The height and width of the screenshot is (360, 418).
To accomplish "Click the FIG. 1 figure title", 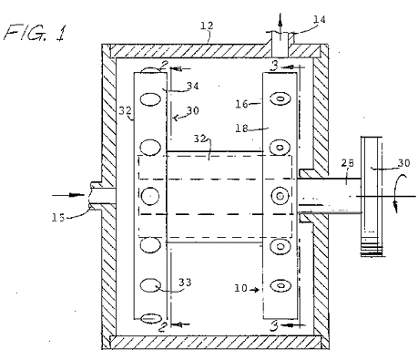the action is coord(35,32).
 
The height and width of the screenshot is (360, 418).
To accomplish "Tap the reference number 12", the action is coord(207,26).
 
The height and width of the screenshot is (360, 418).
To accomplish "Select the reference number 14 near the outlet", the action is coord(320,20).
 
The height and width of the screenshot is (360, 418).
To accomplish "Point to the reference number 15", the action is coord(58,218).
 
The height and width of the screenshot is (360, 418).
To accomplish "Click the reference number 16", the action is coord(242,104).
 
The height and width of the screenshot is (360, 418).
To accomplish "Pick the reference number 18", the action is coord(242,129).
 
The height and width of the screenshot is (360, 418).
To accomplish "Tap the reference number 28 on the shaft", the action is coord(348,163).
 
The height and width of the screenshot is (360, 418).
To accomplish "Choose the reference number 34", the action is coord(193,86).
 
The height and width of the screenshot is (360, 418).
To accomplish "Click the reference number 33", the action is coord(185,283).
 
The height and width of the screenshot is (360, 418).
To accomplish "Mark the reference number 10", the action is coord(240,288).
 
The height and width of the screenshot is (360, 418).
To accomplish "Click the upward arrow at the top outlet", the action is coord(280,25).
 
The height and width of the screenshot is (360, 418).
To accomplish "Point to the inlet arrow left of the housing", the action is coord(68,195).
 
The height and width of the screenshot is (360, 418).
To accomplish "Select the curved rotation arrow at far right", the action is coord(397,192).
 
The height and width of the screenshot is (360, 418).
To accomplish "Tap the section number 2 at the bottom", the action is coord(163,327).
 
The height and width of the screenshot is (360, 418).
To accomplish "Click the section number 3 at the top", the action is coord(274,66).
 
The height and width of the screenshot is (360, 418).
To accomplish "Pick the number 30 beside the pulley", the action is coord(403,163).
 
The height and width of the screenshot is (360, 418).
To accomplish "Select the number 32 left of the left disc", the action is coord(125,110).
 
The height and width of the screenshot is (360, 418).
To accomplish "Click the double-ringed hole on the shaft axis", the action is coord(280,196).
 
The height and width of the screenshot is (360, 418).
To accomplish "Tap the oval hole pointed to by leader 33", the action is coord(151,285).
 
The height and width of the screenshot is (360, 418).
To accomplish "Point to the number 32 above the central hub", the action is coord(200,139).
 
